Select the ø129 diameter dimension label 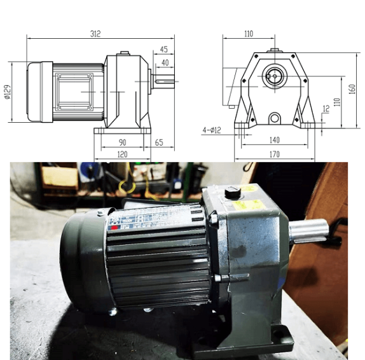point(7,92)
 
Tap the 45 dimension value point(164,49)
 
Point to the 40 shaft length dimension point(165,62)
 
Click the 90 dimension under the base point(121,142)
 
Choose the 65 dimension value point(159,142)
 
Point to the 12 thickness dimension point(326,109)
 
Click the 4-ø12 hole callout point(211,130)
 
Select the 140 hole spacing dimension point(274,139)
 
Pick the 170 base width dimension point(274,155)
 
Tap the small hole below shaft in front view point(274,118)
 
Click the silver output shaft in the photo point(310,230)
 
